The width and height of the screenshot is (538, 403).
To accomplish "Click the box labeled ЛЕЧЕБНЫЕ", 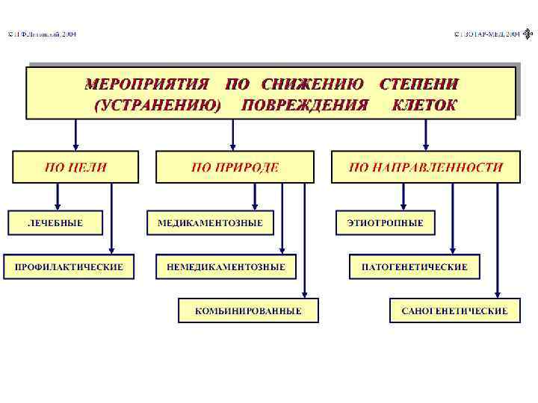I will [55, 222].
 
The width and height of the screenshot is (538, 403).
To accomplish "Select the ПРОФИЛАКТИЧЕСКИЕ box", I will [69, 266].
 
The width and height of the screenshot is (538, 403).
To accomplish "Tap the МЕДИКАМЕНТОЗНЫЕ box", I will [210, 222].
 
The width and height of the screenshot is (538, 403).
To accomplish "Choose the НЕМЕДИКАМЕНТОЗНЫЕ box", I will [226, 266].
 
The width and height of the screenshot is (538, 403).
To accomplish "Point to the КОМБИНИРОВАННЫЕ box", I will [248, 310].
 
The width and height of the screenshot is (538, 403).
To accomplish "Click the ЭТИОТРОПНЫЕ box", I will [385, 222].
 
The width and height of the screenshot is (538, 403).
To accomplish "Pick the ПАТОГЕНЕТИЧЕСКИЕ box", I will [414, 266].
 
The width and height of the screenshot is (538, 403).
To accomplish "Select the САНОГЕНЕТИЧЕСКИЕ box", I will [454, 310].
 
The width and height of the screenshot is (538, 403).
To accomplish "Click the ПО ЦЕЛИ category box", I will [75, 167].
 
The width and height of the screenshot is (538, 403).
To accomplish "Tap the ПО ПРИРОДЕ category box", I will [235, 167].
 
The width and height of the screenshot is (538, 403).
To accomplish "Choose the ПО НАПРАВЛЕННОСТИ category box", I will [426, 167].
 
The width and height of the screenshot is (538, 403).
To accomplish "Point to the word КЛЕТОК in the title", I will [424, 105].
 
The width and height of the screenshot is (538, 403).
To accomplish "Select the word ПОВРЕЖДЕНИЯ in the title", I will [305, 105].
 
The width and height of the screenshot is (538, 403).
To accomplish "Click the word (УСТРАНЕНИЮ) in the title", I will [158, 105].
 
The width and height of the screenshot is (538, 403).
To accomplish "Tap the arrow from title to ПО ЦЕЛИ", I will [75, 136].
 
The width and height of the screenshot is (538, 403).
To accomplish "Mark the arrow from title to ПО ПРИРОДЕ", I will [233, 136].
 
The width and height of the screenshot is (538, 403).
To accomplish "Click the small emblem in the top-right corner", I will [528, 34].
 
